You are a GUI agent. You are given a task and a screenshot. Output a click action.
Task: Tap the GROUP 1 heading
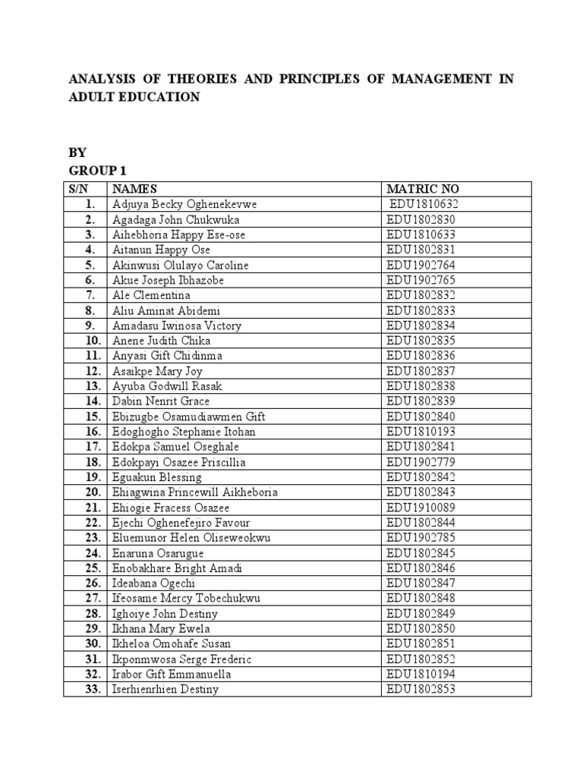[x=96, y=170]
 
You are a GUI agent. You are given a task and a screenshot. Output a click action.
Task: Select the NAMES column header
[x=134, y=189]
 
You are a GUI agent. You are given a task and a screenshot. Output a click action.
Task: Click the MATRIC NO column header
[x=423, y=189]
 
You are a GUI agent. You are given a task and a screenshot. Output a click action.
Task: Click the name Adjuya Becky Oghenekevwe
[x=184, y=204]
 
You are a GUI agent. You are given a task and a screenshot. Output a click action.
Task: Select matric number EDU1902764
[x=421, y=265]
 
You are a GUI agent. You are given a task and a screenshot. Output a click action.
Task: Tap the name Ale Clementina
[x=151, y=295]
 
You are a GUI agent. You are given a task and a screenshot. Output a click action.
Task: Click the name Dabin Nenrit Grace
[x=161, y=401]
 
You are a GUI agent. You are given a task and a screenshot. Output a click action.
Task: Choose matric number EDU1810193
[x=421, y=432]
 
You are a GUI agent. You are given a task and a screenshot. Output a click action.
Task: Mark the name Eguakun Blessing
[x=157, y=477]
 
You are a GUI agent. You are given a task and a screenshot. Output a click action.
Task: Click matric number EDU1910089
[x=421, y=508]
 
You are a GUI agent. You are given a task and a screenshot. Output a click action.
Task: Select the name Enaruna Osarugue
[x=158, y=553]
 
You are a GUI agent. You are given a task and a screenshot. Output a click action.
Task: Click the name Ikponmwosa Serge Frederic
[x=181, y=659]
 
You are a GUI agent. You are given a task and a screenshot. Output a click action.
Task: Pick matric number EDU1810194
[x=421, y=675]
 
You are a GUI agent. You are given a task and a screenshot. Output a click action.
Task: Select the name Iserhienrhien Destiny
[x=165, y=690]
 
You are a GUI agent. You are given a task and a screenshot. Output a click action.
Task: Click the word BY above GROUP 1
[x=77, y=151]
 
